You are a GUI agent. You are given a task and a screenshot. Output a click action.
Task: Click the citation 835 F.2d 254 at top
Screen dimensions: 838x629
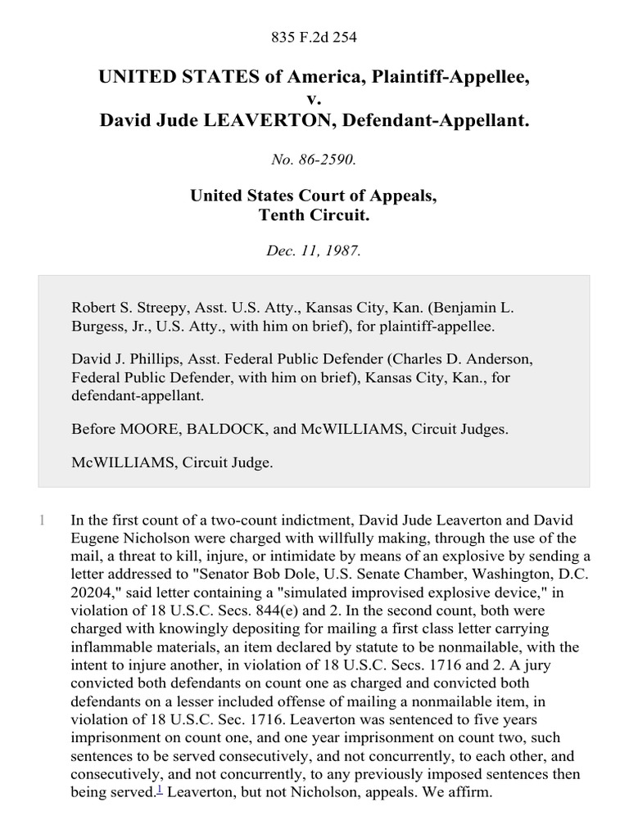click(314, 37)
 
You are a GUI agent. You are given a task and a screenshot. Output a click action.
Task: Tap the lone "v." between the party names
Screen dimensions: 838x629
click(314, 99)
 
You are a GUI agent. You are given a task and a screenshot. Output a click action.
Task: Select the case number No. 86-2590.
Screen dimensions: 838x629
click(314, 160)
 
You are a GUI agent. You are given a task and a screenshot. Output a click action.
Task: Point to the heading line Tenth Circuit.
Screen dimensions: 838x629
click(314, 216)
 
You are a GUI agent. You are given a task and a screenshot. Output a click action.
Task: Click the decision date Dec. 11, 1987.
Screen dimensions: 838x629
click(314, 251)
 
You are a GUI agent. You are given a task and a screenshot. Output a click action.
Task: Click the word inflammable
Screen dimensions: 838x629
click(112, 645)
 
